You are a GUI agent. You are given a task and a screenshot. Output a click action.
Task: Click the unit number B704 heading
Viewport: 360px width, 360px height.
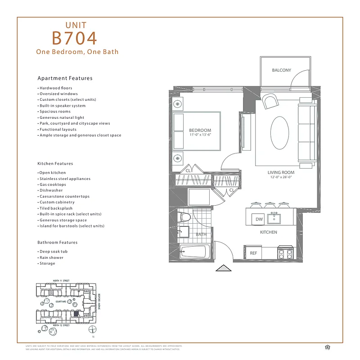[x=74, y=38]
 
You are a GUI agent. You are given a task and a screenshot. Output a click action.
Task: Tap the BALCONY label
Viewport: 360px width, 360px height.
[x=281, y=70]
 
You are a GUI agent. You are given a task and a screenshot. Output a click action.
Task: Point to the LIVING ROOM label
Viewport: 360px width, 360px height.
[x=281, y=172]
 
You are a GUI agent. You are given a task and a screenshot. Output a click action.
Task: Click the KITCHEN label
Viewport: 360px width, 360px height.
[x=268, y=232]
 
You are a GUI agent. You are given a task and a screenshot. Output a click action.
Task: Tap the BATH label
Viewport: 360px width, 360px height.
[x=201, y=234]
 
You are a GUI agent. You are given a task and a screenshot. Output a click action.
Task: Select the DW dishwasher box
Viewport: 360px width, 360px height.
[x=259, y=219]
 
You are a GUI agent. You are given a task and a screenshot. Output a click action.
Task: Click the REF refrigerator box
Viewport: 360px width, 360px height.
[x=253, y=253]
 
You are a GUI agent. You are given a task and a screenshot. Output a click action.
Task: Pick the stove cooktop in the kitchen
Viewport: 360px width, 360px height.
[x=284, y=252]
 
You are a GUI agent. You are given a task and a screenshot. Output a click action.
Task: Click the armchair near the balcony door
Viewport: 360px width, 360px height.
[x=271, y=102]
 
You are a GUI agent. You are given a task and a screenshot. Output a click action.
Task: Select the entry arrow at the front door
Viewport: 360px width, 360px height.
[x=223, y=268]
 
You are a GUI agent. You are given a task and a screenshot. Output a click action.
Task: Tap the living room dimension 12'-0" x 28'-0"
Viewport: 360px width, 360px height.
[x=281, y=177]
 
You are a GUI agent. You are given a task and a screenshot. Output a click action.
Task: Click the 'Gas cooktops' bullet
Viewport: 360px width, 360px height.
[x=53, y=184]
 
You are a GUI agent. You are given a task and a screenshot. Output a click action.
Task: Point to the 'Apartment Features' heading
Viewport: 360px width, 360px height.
[x=65, y=78]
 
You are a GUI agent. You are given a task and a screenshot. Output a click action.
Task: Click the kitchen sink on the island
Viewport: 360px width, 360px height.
[x=274, y=219]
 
